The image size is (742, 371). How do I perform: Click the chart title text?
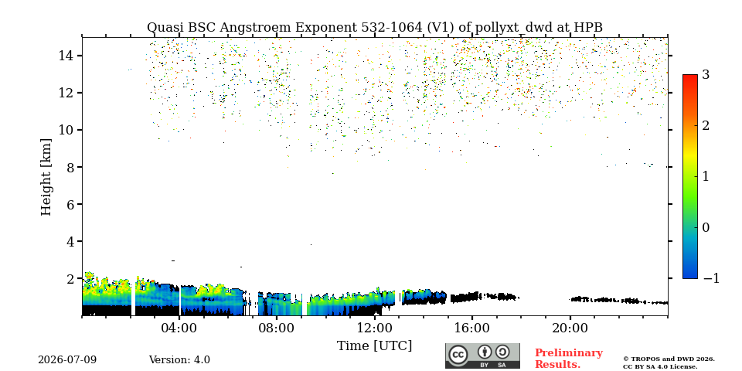click(x=374, y=28)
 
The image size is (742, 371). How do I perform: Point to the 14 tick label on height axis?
click(x=66, y=56)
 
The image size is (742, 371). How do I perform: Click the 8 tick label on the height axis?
click(x=70, y=167)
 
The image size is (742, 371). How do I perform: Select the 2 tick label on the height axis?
click(x=70, y=278)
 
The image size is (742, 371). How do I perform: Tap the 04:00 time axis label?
click(x=179, y=328)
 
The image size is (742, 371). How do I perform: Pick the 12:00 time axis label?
click(x=374, y=328)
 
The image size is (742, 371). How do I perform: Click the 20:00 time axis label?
click(x=570, y=328)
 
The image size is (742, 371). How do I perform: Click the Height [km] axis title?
click(x=46, y=177)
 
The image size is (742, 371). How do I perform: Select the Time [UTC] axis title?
click(x=374, y=346)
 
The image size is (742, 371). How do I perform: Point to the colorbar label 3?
click(x=706, y=74)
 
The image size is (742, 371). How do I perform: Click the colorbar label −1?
click(x=711, y=278)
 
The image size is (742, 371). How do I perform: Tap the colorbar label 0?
click(x=706, y=227)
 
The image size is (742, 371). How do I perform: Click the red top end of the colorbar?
click(x=690, y=77)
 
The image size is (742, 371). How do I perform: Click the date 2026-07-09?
click(x=67, y=360)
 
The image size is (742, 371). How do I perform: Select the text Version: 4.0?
click(x=179, y=360)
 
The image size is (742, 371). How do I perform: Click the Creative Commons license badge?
click(x=482, y=356)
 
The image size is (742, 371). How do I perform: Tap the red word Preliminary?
click(x=569, y=353)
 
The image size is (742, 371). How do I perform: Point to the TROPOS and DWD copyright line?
click(x=669, y=359)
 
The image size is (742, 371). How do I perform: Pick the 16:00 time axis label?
click(x=471, y=328)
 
